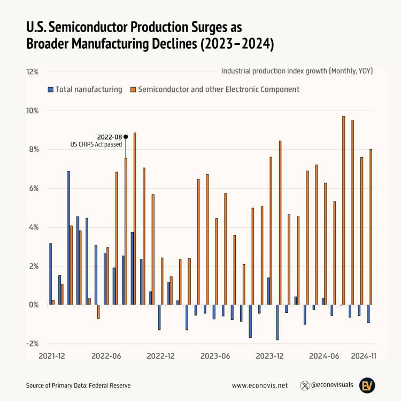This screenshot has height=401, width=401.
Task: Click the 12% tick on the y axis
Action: tap(32, 72)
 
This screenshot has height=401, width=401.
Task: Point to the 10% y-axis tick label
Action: tap(32, 111)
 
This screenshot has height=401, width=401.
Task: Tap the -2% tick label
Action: tap(32, 343)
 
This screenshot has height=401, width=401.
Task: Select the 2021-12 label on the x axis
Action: tap(51, 355)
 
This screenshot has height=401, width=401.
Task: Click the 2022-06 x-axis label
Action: tap(106, 355)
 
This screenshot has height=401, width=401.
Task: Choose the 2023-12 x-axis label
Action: tap(269, 355)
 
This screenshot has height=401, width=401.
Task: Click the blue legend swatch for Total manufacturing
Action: tap(50, 89)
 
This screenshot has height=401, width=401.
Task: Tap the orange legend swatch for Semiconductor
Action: tap(133, 89)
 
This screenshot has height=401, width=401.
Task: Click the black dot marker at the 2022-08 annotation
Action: tap(126, 137)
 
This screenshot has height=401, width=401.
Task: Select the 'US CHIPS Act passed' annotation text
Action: tap(96, 144)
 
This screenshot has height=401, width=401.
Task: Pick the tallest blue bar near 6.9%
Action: tap(68, 238)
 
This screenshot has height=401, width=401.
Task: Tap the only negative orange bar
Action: tap(98, 312)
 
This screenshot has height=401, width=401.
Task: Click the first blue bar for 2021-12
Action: tap(50, 274)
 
